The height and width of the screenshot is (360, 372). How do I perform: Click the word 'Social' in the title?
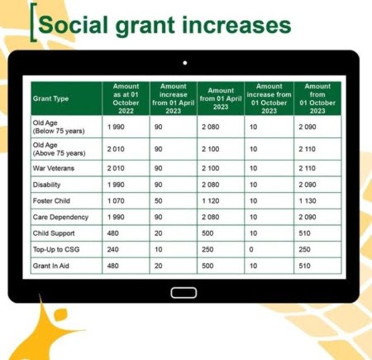[x=74, y=25]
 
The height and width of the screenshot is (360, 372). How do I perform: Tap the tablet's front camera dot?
[x=185, y=63]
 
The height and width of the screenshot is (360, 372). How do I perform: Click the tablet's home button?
[x=184, y=293]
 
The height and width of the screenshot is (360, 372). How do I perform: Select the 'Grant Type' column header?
[x=50, y=98]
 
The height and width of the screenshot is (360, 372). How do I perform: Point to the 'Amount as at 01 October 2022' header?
[x=126, y=98]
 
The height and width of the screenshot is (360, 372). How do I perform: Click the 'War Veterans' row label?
[x=54, y=168]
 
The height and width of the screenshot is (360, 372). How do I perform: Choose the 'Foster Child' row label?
[x=51, y=201]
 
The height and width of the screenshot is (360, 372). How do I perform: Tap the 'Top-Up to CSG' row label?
[x=56, y=249]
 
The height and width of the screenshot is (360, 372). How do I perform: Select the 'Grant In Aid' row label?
[x=51, y=266]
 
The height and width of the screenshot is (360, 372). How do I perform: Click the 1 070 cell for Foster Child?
[x=116, y=201]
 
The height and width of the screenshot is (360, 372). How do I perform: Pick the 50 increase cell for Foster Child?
[x=158, y=201]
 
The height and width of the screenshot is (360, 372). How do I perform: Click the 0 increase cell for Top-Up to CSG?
[x=251, y=250]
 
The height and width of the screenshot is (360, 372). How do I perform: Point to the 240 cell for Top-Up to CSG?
[x=113, y=250]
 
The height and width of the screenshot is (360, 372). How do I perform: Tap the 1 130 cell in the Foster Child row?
[x=308, y=201]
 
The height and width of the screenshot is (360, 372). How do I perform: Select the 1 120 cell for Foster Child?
[x=211, y=201]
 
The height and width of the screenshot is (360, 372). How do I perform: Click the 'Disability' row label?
[x=46, y=185]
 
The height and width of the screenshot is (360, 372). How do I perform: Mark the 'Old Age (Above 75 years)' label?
[x=59, y=149]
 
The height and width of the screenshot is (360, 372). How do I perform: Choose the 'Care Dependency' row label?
[x=60, y=217]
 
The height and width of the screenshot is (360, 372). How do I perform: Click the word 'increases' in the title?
[x=236, y=26]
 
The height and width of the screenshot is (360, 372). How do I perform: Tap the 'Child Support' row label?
[x=54, y=233]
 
